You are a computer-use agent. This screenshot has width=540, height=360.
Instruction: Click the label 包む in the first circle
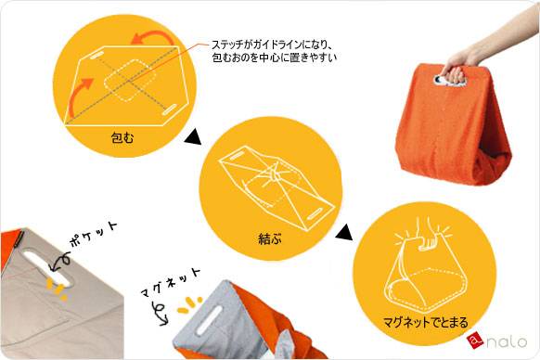click(122, 138)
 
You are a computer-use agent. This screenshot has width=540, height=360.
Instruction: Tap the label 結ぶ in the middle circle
click(270, 238)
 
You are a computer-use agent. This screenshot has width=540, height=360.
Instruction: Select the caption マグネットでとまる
click(426, 323)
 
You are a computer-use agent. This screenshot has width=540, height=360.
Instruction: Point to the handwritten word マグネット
click(171, 282)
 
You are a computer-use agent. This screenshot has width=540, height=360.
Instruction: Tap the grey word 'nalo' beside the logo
click(507, 341)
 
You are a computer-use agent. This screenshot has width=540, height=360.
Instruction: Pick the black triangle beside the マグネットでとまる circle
click(344, 232)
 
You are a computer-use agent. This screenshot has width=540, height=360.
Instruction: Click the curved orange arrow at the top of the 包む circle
click(151, 38)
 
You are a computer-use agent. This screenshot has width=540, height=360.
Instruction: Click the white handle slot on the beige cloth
click(46, 269)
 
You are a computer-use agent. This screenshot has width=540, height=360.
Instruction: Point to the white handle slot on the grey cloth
click(210, 319)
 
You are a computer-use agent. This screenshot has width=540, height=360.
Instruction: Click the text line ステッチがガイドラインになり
click(271, 45)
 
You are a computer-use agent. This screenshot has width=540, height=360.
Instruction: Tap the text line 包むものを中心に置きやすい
click(274, 58)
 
